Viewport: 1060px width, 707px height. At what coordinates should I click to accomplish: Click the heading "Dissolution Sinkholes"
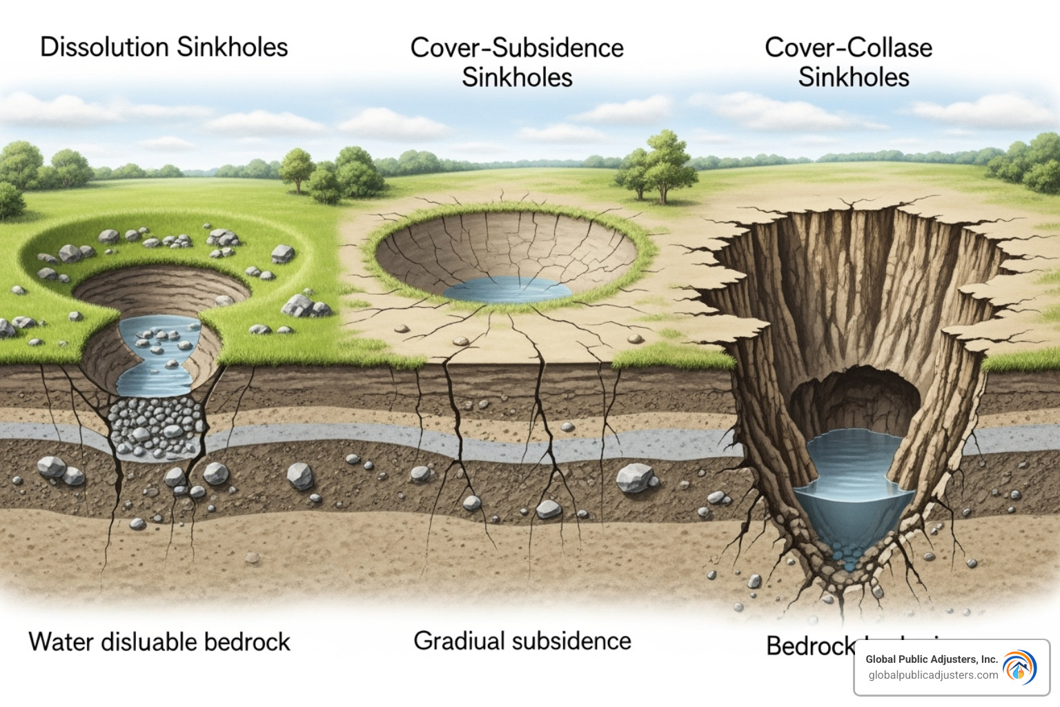pyautogui.click(x=164, y=47)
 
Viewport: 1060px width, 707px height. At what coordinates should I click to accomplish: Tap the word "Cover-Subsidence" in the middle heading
pyautogui.click(x=517, y=48)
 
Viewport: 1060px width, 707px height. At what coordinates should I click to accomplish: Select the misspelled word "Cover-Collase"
pyautogui.click(x=848, y=48)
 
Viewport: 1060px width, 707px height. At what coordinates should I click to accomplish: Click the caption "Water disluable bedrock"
pyautogui.click(x=159, y=641)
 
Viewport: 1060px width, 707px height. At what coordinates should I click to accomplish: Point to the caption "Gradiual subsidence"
pyautogui.click(x=522, y=641)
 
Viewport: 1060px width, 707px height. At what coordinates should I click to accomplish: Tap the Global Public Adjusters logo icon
pyautogui.click(x=1019, y=668)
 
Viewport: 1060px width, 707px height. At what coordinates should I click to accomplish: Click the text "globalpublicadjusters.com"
pyautogui.click(x=933, y=675)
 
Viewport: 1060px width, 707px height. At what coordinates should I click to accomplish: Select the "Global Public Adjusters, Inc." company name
pyautogui.click(x=932, y=659)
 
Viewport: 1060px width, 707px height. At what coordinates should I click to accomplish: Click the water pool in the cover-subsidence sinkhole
pyautogui.click(x=508, y=291)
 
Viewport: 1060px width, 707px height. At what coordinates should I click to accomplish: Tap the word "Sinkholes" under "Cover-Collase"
pyautogui.click(x=854, y=77)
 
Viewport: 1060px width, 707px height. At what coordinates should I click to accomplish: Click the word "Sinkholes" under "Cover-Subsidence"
pyautogui.click(x=517, y=77)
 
